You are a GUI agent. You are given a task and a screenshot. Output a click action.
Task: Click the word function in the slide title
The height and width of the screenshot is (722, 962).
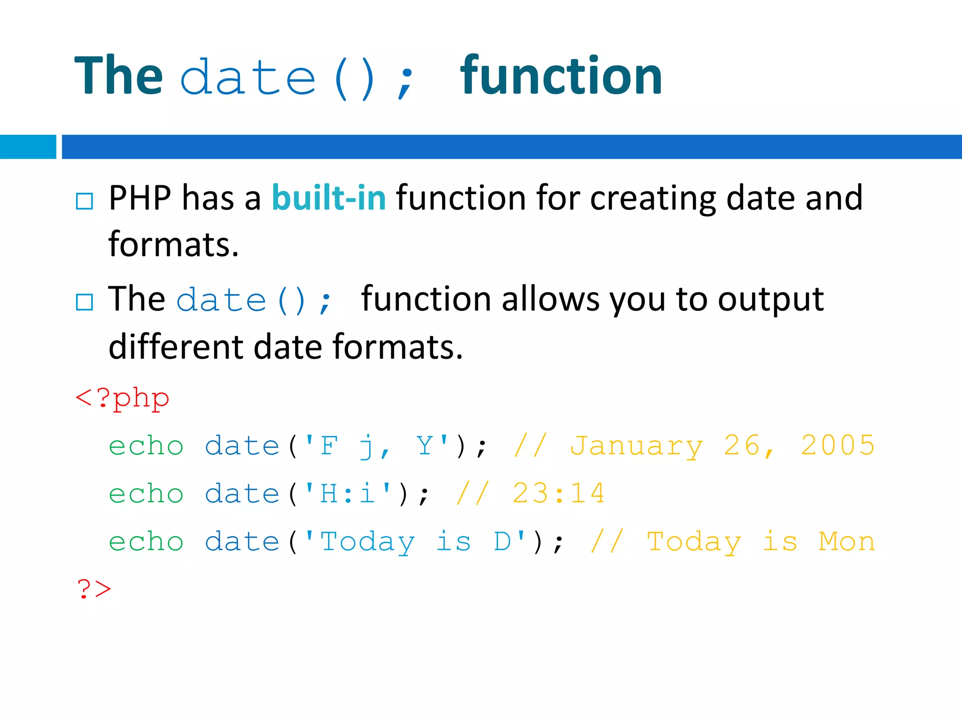[x=561, y=76]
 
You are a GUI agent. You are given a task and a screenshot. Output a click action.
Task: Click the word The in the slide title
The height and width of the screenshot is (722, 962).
[x=118, y=76]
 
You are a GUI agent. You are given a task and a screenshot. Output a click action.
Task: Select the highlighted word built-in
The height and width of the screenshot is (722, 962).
[x=329, y=197]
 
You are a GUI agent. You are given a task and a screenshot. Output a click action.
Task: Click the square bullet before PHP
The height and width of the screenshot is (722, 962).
[x=85, y=201]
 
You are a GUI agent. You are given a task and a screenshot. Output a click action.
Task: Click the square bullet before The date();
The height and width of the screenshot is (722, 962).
[x=85, y=302]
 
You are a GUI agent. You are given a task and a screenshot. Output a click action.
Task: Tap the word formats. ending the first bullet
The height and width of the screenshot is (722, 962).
[x=173, y=244]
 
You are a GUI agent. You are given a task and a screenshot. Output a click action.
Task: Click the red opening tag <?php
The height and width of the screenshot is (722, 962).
[x=122, y=399]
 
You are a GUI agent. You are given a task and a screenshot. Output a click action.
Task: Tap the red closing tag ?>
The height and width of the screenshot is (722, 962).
[x=94, y=589]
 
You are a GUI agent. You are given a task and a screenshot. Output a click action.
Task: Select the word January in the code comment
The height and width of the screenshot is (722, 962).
[x=636, y=446]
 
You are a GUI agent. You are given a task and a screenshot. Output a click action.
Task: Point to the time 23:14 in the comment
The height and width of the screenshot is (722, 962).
[x=559, y=493]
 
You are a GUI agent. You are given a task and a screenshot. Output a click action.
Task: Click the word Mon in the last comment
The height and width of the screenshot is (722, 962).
[x=846, y=541]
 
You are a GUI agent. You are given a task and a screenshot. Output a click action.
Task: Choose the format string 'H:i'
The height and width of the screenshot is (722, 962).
[x=348, y=493]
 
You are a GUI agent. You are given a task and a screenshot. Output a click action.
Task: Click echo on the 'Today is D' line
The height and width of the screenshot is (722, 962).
[x=146, y=541]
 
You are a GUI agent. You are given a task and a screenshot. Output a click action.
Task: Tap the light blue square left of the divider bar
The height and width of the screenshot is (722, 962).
[x=28, y=147]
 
